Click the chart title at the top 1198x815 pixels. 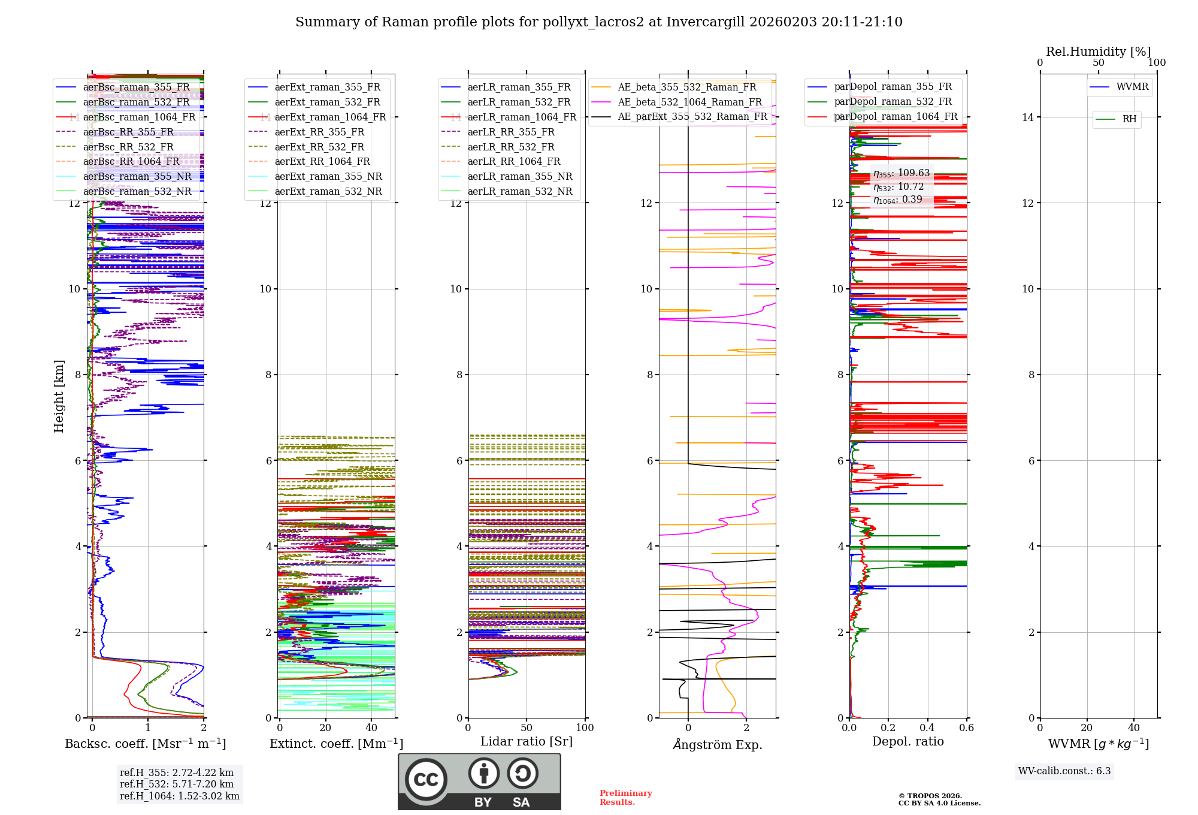(x=598, y=22)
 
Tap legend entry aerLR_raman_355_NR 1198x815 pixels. (x=519, y=176)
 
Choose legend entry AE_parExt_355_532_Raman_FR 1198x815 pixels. (x=692, y=116)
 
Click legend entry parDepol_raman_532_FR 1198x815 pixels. (x=893, y=102)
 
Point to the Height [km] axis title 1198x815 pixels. (x=59, y=396)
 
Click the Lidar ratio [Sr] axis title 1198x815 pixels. (x=527, y=741)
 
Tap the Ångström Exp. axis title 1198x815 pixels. (x=718, y=744)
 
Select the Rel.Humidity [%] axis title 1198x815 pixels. (x=1098, y=52)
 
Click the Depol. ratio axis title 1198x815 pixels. (x=907, y=741)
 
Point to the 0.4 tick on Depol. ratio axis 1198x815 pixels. (x=927, y=728)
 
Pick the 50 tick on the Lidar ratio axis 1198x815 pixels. (x=527, y=728)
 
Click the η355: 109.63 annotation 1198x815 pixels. (x=901, y=173)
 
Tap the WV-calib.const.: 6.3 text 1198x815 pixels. (x=1064, y=771)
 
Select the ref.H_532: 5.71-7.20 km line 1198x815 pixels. (x=177, y=784)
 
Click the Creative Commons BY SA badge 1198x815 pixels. (x=479, y=781)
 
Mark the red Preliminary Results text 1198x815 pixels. (x=625, y=797)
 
